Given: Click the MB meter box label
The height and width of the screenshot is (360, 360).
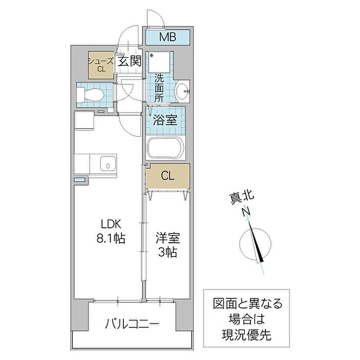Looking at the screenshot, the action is coord(168,37).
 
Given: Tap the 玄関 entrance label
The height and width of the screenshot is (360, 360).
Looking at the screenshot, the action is coord(130,61).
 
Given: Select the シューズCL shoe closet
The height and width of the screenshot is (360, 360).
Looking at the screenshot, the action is coord(101,65).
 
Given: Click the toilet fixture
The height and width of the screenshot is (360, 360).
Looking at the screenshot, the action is coord(90,95).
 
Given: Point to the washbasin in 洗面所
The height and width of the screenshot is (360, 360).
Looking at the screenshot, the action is coord(182,92).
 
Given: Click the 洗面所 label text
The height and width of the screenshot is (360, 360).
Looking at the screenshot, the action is coord(159,88).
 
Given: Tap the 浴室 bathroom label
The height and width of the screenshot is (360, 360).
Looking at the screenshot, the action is coord(165,120).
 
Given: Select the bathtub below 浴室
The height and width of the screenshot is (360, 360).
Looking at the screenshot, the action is coord(166,148).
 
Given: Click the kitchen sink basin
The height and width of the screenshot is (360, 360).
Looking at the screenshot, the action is coord(107,164).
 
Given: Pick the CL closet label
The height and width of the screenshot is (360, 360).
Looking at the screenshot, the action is coord(168,176).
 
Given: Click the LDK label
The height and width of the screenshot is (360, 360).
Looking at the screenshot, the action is coord(111,224).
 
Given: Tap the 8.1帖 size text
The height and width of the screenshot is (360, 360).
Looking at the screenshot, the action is coord(111,239).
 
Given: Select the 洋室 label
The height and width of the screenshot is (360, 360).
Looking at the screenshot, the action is coord(168,238).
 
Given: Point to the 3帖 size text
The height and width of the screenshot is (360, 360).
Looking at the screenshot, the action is coord(168,253).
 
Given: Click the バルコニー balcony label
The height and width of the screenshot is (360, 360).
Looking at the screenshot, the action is coord(132,324).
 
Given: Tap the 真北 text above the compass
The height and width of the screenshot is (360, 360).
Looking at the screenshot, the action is coord(242,197).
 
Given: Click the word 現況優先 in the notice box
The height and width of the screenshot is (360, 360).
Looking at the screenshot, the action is coord(246,335).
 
